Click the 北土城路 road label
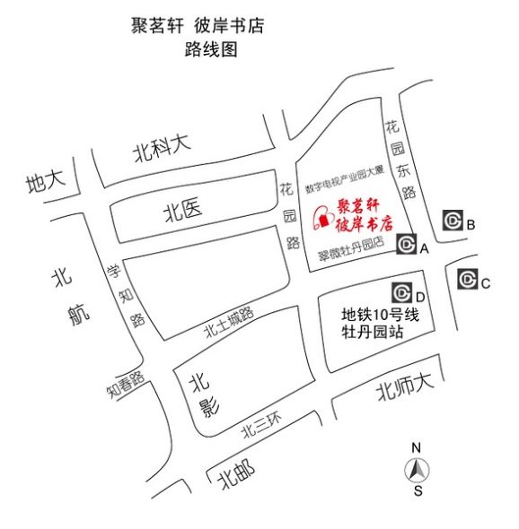click(x=229, y=323)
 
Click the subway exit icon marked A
click(x=407, y=244)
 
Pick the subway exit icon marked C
click(x=467, y=280)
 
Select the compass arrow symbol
click(x=417, y=469)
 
